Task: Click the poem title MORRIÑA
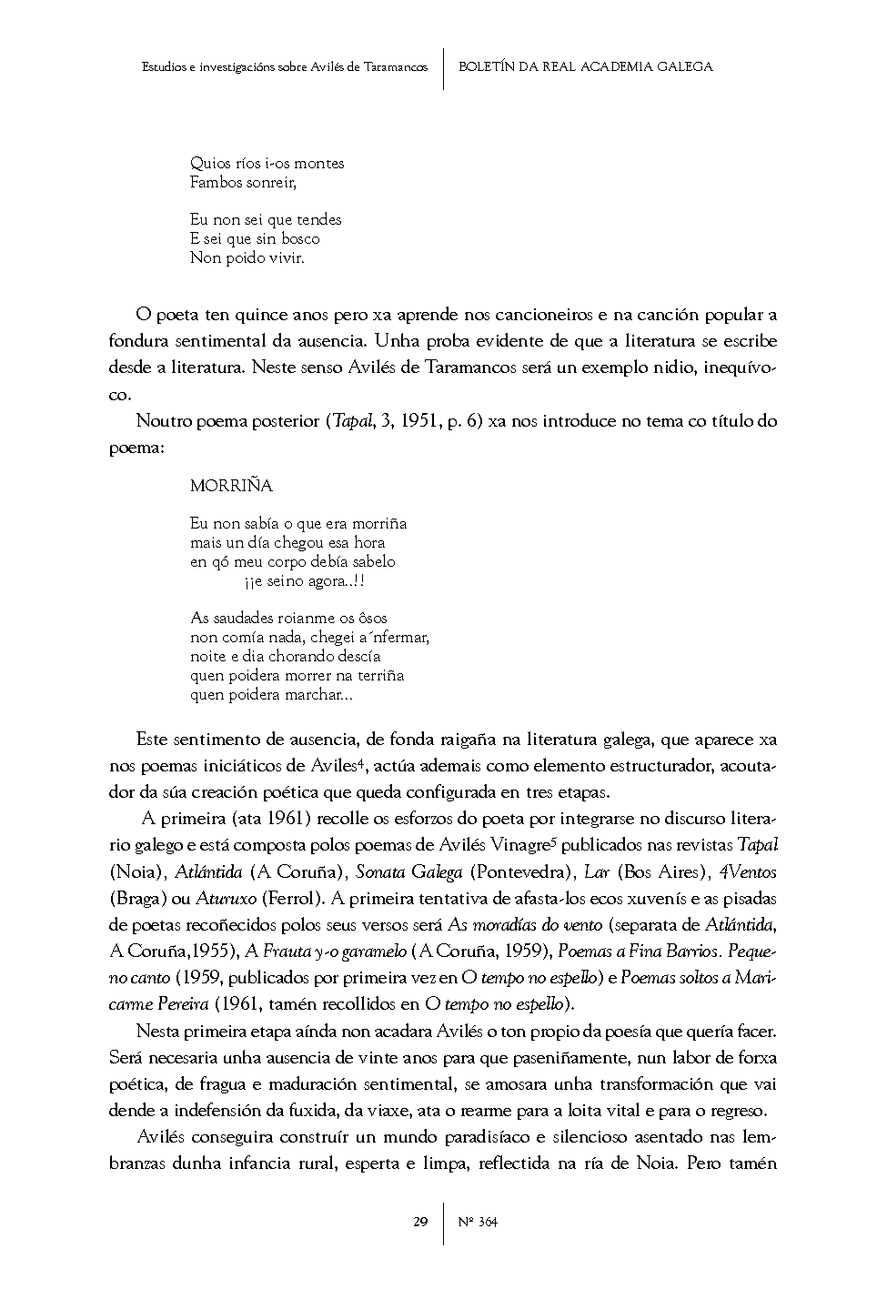click(231, 486)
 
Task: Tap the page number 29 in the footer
click(420, 1222)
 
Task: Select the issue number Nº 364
click(479, 1222)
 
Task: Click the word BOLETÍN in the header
click(486, 66)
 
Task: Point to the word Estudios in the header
click(164, 66)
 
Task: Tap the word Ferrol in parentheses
click(290, 899)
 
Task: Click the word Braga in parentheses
click(139, 899)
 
